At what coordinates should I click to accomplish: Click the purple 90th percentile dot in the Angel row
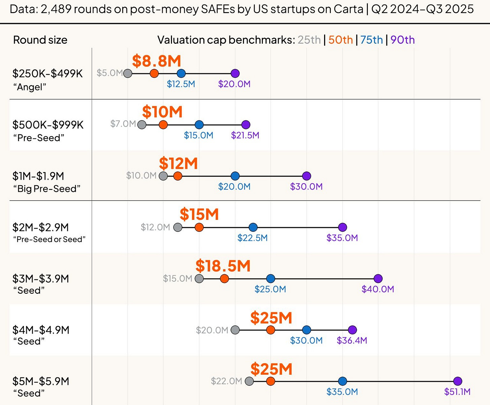tap(235, 73)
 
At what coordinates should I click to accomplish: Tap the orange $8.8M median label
tap(156, 61)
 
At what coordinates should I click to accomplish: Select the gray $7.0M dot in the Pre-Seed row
tap(142, 125)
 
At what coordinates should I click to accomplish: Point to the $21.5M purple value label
tap(245, 135)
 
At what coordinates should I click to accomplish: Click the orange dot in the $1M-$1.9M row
tap(178, 176)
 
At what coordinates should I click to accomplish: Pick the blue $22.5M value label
tap(252, 238)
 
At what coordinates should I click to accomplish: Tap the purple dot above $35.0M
tap(342, 227)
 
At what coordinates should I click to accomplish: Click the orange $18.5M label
tap(223, 266)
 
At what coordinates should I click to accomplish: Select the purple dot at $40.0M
tap(378, 279)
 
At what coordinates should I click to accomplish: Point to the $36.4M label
tap(352, 340)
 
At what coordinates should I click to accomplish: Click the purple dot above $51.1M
tap(457, 381)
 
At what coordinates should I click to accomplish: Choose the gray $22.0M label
tap(226, 381)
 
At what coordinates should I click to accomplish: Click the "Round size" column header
tap(40, 40)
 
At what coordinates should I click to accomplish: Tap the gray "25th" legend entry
tap(309, 40)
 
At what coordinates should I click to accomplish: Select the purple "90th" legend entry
tap(403, 40)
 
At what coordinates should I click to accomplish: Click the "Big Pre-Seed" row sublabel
tap(47, 189)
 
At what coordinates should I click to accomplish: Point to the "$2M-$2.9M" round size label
tap(41, 227)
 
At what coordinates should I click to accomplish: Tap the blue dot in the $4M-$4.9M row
tap(306, 330)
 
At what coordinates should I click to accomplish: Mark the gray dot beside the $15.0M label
tap(199, 279)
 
